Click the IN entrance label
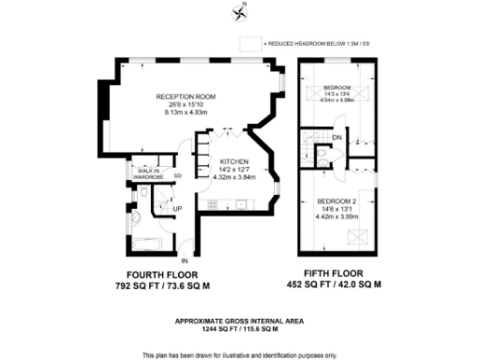click(x=185, y=260)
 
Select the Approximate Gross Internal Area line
click(x=242, y=322)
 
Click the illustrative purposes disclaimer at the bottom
click(x=241, y=354)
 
